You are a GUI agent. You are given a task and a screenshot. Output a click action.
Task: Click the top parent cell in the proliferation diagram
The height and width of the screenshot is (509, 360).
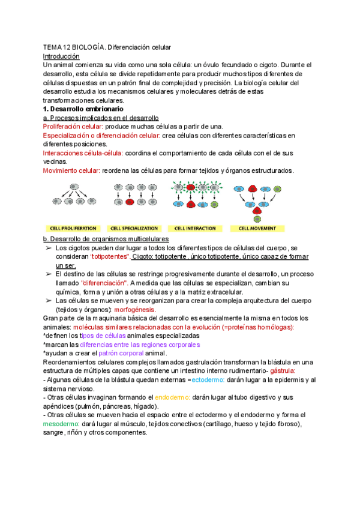(x=74, y=187)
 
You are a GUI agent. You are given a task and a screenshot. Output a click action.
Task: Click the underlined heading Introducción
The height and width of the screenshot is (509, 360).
(x=61, y=56)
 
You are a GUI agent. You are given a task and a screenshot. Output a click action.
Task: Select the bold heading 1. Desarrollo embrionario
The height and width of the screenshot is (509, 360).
(x=83, y=110)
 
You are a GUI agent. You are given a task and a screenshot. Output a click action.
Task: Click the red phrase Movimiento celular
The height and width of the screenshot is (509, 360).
(x=71, y=170)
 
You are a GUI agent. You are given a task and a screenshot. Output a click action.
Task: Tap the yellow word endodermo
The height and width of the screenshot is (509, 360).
(x=172, y=397)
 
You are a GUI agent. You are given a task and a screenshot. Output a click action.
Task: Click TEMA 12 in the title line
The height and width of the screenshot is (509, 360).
(x=56, y=47)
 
